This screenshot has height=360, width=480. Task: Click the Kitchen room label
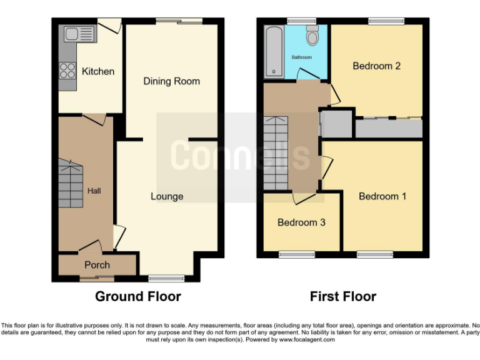98,71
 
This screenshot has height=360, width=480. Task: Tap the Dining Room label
171,81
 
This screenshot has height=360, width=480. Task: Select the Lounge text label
167,196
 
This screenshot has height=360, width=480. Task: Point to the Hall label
94,191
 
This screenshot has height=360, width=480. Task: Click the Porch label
97,264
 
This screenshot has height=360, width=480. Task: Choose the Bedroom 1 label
382,196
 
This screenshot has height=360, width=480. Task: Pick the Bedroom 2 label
376,66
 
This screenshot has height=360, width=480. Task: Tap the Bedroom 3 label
301,222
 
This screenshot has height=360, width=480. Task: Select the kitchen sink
78,34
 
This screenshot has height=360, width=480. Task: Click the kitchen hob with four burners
66,71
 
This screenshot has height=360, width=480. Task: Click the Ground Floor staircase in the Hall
71,183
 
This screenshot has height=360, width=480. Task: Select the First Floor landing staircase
275,152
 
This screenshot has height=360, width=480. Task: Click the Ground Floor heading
137,296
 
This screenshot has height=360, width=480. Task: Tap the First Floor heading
343,296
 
